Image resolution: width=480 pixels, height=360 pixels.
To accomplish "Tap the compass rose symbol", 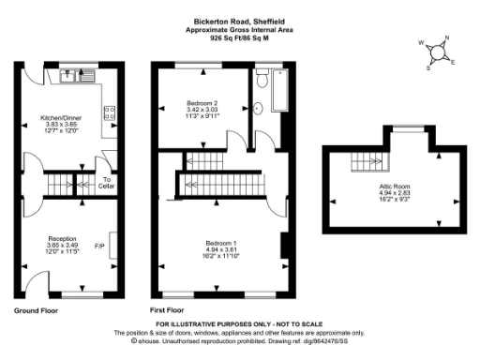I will tap(437, 53).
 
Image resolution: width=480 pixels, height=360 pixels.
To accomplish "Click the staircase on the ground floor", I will tap(63, 181).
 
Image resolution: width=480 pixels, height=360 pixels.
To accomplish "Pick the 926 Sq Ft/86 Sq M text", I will tap(239, 39).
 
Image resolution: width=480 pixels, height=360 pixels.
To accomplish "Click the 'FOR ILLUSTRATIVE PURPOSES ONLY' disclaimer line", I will tap(239, 324).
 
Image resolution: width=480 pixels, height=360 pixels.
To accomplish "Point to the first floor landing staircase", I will tap(224, 179).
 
